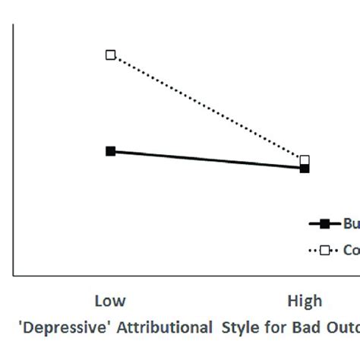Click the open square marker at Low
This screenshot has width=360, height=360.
tap(110, 55)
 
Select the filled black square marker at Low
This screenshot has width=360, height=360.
tap(110, 151)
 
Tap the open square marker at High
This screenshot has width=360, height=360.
tap(305, 160)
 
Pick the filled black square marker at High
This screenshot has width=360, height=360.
tap(305, 169)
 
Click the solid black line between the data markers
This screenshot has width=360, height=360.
tap(205, 159)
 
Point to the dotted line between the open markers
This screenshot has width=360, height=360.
tap(205, 106)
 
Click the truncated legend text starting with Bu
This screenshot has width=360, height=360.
tap(351, 223)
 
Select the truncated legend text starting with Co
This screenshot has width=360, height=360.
tap(351, 250)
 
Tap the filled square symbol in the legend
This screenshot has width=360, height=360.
tap(325, 223)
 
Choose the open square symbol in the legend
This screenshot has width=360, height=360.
tap(325, 250)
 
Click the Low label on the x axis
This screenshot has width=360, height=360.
tap(110, 302)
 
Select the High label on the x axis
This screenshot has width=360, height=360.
tap(304, 302)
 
